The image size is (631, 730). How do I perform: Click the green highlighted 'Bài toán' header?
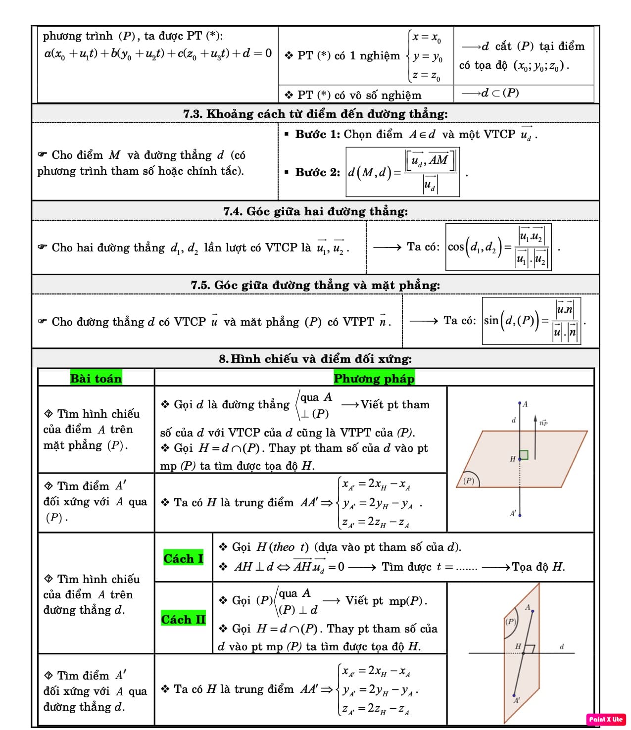tap(96, 379)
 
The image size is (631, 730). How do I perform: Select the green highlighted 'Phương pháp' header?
tap(374, 379)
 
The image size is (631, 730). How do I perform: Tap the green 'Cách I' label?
tap(183, 559)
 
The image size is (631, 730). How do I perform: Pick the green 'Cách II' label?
tap(183, 620)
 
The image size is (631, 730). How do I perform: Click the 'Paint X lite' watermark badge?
tap(606, 719)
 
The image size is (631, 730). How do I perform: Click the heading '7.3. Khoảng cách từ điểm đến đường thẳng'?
tap(315, 114)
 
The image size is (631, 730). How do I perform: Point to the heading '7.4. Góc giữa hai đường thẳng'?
tap(315, 211)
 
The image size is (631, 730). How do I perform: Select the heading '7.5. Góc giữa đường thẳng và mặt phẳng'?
tap(315, 285)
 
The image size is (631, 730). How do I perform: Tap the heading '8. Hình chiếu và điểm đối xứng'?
tap(315, 359)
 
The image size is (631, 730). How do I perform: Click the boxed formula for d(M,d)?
tap(403, 172)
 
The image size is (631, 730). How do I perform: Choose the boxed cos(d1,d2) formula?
tap(498, 246)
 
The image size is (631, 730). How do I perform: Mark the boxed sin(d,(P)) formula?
tap(531, 321)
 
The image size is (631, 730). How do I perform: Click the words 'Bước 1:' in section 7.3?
tap(317, 134)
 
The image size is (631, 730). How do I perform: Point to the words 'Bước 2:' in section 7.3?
tap(317, 172)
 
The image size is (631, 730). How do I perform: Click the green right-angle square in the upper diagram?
tap(524, 454)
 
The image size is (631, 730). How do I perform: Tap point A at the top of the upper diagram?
tap(520, 404)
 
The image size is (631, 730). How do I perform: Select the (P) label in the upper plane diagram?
tap(469, 481)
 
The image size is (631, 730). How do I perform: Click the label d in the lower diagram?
tap(562, 646)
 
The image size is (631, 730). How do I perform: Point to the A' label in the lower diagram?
tap(517, 700)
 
